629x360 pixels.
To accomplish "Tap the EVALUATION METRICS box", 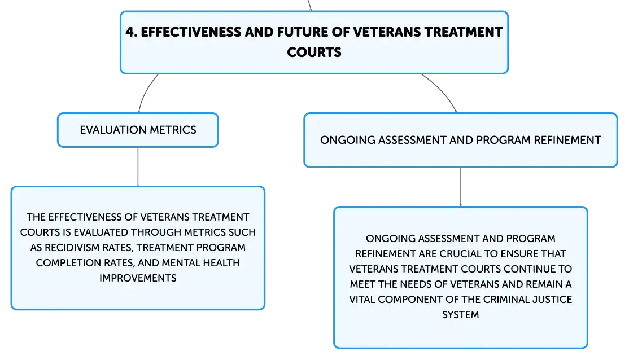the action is pyautogui.click(x=138, y=130).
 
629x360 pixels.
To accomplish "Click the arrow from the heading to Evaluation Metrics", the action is pyautogui.click(x=146, y=92).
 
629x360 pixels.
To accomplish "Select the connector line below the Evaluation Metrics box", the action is pyautogui.click(x=138, y=167).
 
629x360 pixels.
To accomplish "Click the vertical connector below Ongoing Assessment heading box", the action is pyautogui.click(x=461, y=187).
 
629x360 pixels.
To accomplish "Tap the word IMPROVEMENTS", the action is pyautogui.click(x=138, y=278).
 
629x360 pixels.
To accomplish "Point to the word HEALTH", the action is pyautogui.click(x=221, y=263).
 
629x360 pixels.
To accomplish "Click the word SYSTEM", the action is pyautogui.click(x=461, y=315).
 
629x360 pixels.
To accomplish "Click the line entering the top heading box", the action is pyautogui.click(x=309, y=5).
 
